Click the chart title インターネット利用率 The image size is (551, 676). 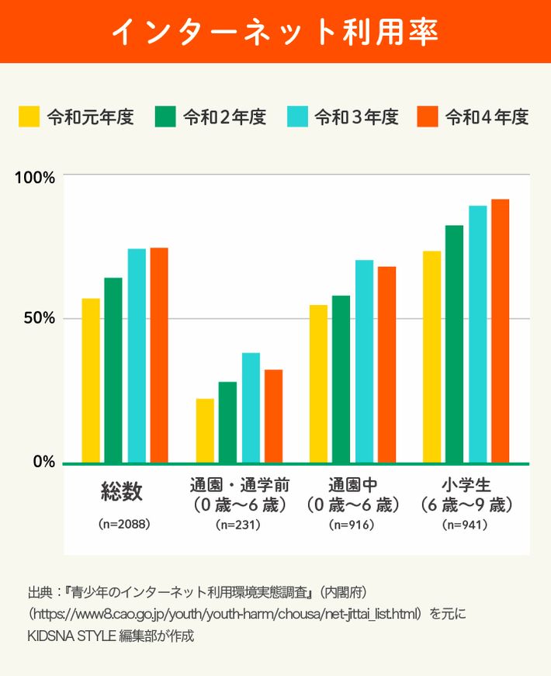point(275,32)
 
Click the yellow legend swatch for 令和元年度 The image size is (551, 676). point(29,116)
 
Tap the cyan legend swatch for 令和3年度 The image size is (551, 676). point(298,116)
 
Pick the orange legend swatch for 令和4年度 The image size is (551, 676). point(428,116)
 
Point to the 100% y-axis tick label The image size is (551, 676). point(36,176)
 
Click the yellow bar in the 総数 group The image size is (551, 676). point(91,380)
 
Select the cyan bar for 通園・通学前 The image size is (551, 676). point(251,407)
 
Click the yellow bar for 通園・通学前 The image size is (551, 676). point(205,430)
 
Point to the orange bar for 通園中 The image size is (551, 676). point(386,364)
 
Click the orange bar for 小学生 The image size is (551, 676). point(500,331)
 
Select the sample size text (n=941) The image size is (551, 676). point(464,525)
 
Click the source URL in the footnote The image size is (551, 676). point(225,614)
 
